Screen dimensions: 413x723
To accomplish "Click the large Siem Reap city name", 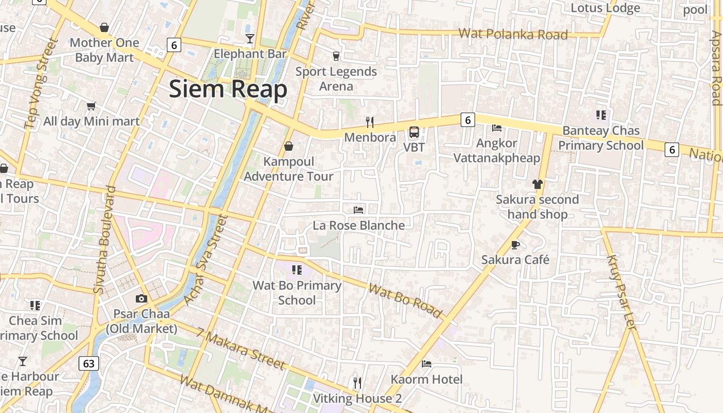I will pyautogui.click(x=228, y=89).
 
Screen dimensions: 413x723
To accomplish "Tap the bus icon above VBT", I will pyautogui.click(x=414, y=132).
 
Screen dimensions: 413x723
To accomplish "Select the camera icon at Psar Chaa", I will pyautogui.click(x=141, y=298).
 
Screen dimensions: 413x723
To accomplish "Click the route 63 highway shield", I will pyautogui.click(x=89, y=363).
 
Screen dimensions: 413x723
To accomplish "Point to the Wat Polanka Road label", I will pyautogui.click(x=513, y=34).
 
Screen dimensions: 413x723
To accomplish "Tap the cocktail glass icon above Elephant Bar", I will pyautogui.click(x=250, y=38).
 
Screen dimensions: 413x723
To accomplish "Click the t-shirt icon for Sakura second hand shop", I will pyautogui.click(x=538, y=184).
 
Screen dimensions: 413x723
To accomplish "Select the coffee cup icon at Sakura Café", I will pyautogui.click(x=515, y=244).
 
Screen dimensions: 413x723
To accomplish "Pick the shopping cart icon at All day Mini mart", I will pyautogui.click(x=91, y=106).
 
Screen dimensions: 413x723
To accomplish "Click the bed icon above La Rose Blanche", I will pyautogui.click(x=358, y=210).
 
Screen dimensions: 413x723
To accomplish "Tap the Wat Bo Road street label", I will pyautogui.click(x=405, y=300).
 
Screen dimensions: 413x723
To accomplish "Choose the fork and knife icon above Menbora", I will pyautogui.click(x=370, y=122).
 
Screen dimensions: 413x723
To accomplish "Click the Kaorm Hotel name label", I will pyautogui.click(x=427, y=379).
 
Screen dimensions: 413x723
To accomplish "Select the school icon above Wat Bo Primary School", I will pyautogui.click(x=296, y=269).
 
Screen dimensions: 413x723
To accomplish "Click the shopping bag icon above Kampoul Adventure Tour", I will pyautogui.click(x=289, y=146).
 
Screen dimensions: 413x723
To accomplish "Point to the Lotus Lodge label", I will pyautogui.click(x=605, y=8).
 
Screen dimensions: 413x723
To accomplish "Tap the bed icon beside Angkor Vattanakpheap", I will pyautogui.click(x=497, y=128).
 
